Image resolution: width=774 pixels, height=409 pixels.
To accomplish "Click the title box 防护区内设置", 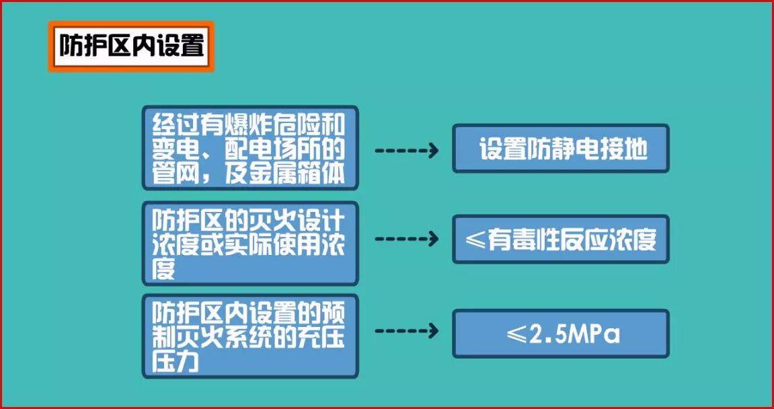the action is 131,46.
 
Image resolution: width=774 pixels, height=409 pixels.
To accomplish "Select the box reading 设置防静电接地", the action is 560,149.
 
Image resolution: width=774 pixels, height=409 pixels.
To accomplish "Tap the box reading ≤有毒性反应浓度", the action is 560,239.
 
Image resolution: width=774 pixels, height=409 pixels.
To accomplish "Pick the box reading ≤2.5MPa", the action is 560,334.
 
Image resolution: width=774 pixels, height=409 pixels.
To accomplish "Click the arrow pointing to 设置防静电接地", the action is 406,150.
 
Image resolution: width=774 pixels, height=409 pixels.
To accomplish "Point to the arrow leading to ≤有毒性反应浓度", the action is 406,239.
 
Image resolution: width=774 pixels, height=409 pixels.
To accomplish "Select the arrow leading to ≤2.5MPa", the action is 406,330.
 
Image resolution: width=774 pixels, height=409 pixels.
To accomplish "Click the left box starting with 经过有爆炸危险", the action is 249,148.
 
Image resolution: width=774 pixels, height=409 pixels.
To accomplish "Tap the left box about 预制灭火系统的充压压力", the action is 249,335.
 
